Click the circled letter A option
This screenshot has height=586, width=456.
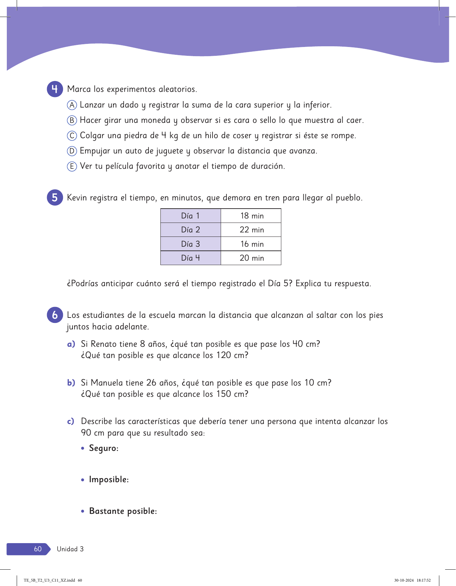point(72,105)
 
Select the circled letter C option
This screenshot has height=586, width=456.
point(72,136)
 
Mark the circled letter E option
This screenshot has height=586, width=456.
point(72,166)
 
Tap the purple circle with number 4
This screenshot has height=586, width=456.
point(55,89)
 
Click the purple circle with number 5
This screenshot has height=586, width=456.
point(55,198)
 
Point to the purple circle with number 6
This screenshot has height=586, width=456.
point(55,315)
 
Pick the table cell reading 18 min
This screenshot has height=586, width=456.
point(251,216)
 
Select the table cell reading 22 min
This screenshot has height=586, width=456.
point(251,230)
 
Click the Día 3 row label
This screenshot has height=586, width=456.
point(190,244)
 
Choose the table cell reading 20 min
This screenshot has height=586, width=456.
point(251,258)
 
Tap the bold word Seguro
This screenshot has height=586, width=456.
point(104,448)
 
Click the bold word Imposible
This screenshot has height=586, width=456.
point(109,479)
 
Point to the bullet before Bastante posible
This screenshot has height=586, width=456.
point(83,511)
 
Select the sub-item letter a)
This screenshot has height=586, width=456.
point(71,344)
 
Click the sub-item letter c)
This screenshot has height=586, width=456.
point(70,422)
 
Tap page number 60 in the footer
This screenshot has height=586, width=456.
point(38,549)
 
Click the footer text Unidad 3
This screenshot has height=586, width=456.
point(70,549)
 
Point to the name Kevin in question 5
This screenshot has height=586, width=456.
point(77,198)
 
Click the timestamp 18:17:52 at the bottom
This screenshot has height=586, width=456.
point(424,580)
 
